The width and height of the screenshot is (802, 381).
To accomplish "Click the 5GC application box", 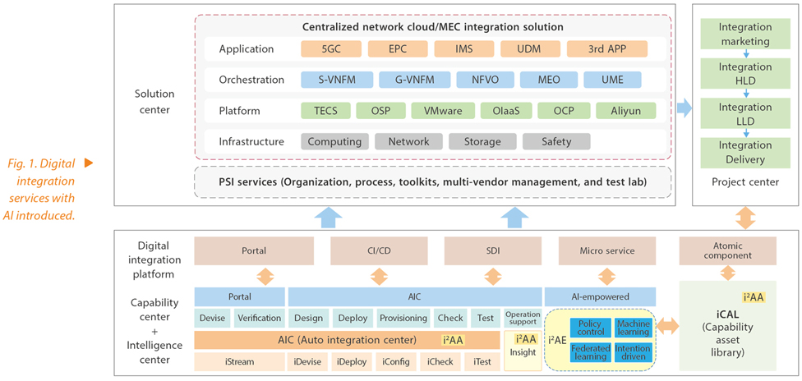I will click(332, 49).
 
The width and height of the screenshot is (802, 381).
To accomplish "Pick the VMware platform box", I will click(443, 110).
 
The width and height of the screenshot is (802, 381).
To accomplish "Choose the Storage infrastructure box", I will click(482, 141).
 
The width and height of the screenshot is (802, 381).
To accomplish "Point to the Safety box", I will click(556, 141).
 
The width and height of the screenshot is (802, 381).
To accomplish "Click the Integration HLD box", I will click(745, 73).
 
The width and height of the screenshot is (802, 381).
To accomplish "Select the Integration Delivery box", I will click(745, 153).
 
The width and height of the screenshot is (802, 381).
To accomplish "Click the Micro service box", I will click(606, 250).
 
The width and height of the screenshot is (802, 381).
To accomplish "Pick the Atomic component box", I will click(727, 250).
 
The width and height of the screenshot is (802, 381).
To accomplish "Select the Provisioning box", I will click(403, 318).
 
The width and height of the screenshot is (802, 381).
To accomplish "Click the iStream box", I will click(239, 361).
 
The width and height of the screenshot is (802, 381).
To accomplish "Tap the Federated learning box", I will click(590, 352).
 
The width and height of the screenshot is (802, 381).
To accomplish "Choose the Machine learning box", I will click(633, 328).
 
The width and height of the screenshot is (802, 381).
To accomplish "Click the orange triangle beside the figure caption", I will click(88, 163).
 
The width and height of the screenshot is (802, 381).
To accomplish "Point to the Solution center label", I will click(154, 103).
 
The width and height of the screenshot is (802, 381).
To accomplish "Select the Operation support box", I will click(523, 318).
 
